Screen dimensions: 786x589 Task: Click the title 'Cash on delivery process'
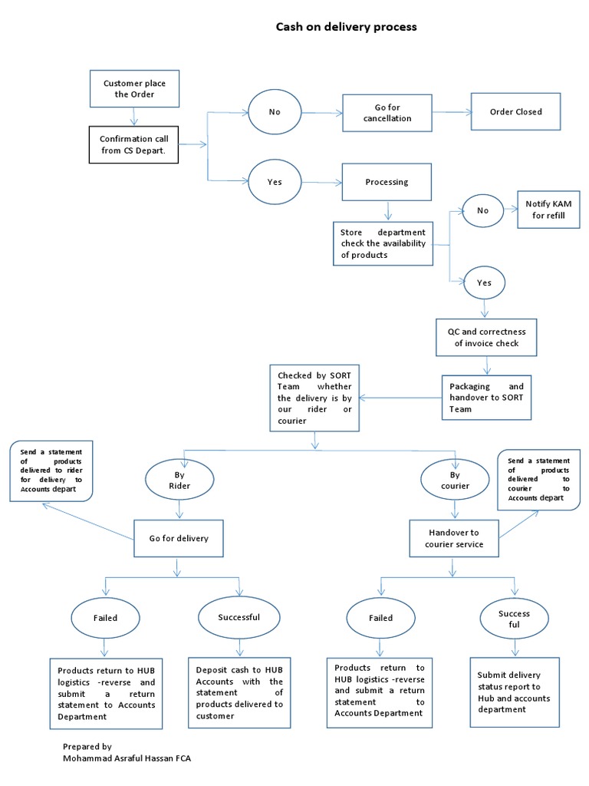click(x=346, y=27)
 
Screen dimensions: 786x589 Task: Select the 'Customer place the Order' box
click(x=134, y=88)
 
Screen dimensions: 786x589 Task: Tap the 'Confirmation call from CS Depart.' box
click(x=134, y=144)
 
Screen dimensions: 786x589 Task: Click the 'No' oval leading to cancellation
click(x=275, y=112)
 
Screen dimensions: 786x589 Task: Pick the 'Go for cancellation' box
click(x=387, y=113)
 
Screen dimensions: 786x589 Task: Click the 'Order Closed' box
click(x=515, y=112)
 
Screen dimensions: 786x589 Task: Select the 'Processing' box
click(x=387, y=182)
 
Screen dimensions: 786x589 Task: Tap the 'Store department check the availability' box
click(x=383, y=243)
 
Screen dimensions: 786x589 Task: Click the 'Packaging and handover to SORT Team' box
click(x=486, y=398)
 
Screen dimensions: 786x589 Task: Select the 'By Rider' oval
click(x=179, y=480)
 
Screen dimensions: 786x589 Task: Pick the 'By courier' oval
click(x=456, y=480)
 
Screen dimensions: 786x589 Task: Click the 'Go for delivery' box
click(x=178, y=539)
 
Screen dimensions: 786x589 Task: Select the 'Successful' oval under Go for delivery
click(x=239, y=617)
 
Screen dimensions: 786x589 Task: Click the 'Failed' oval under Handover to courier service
click(x=380, y=618)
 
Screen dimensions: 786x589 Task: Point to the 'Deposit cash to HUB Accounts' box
click(x=239, y=692)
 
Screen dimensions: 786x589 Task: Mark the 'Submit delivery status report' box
click(x=513, y=692)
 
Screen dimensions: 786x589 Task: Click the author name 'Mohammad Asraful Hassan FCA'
click(x=127, y=758)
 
